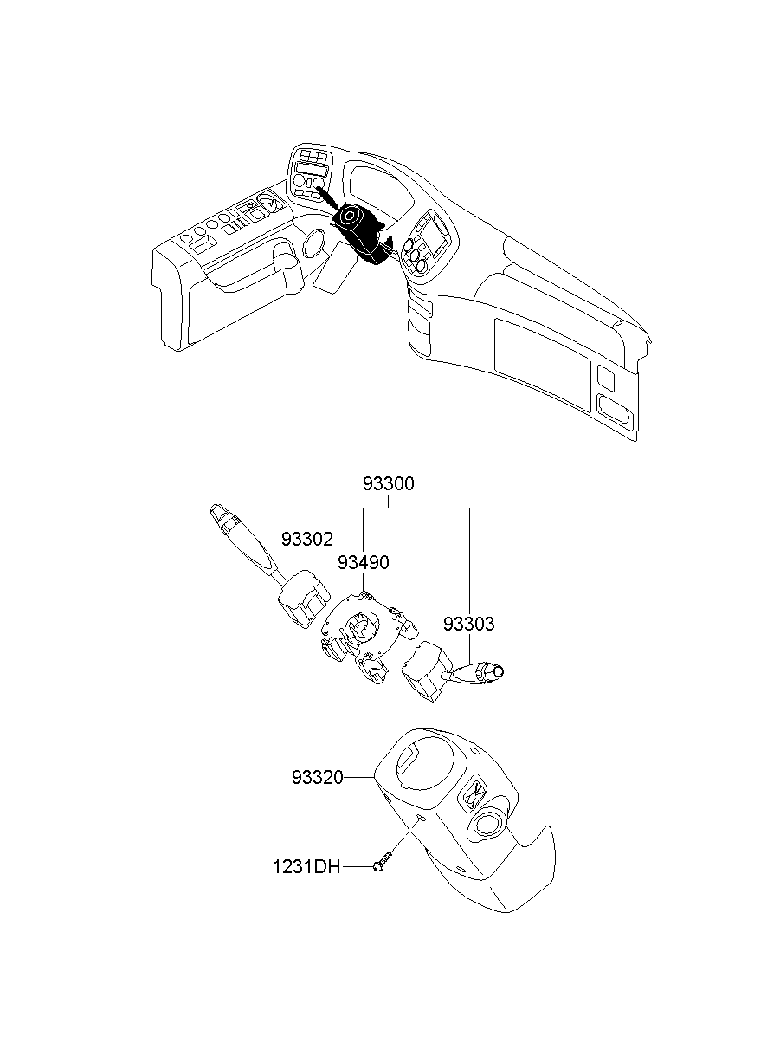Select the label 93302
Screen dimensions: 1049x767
[x=306, y=539]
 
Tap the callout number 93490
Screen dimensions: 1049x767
[x=363, y=562]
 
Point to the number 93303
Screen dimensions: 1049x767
[x=468, y=624]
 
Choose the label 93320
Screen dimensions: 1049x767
[x=318, y=779]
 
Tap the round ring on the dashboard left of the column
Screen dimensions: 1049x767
[x=313, y=244]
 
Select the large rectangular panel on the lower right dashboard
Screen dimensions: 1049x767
[x=541, y=355]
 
